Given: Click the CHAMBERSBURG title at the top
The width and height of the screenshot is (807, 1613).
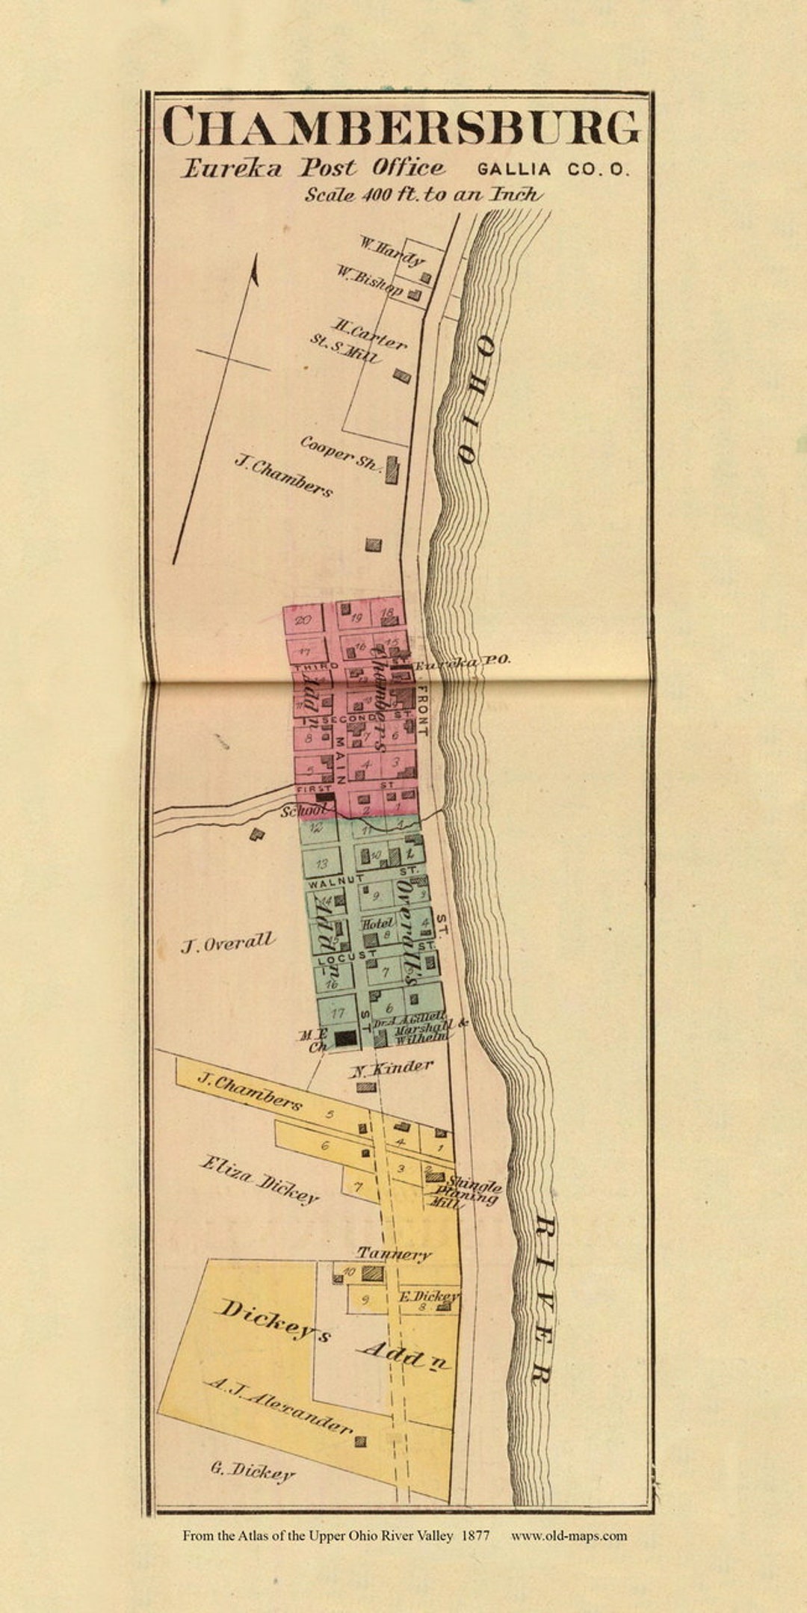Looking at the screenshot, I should (x=401, y=127).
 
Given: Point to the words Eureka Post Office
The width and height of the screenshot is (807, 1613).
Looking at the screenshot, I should (x=313, y=168).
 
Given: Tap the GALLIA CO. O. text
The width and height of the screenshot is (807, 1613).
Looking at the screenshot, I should (x=552, y=170).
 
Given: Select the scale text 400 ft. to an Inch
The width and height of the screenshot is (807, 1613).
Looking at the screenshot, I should (x=423, y=194).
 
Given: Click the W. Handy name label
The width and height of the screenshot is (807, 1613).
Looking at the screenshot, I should (x=392, y=251).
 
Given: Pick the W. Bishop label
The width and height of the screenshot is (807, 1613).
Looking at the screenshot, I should (x=368, y=281).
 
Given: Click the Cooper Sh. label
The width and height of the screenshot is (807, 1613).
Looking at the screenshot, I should (x=341, y=452).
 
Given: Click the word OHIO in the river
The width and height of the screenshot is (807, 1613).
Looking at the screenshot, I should (x=472, y=400).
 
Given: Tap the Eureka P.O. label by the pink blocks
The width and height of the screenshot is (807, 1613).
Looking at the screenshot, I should (x=463, y=661).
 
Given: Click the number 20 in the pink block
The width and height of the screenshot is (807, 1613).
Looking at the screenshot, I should (x=303, y=620).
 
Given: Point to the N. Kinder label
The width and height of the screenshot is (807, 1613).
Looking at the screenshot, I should (x=392, y=1068).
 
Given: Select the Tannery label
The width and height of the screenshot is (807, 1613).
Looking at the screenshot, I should (x=394, y=1253).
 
